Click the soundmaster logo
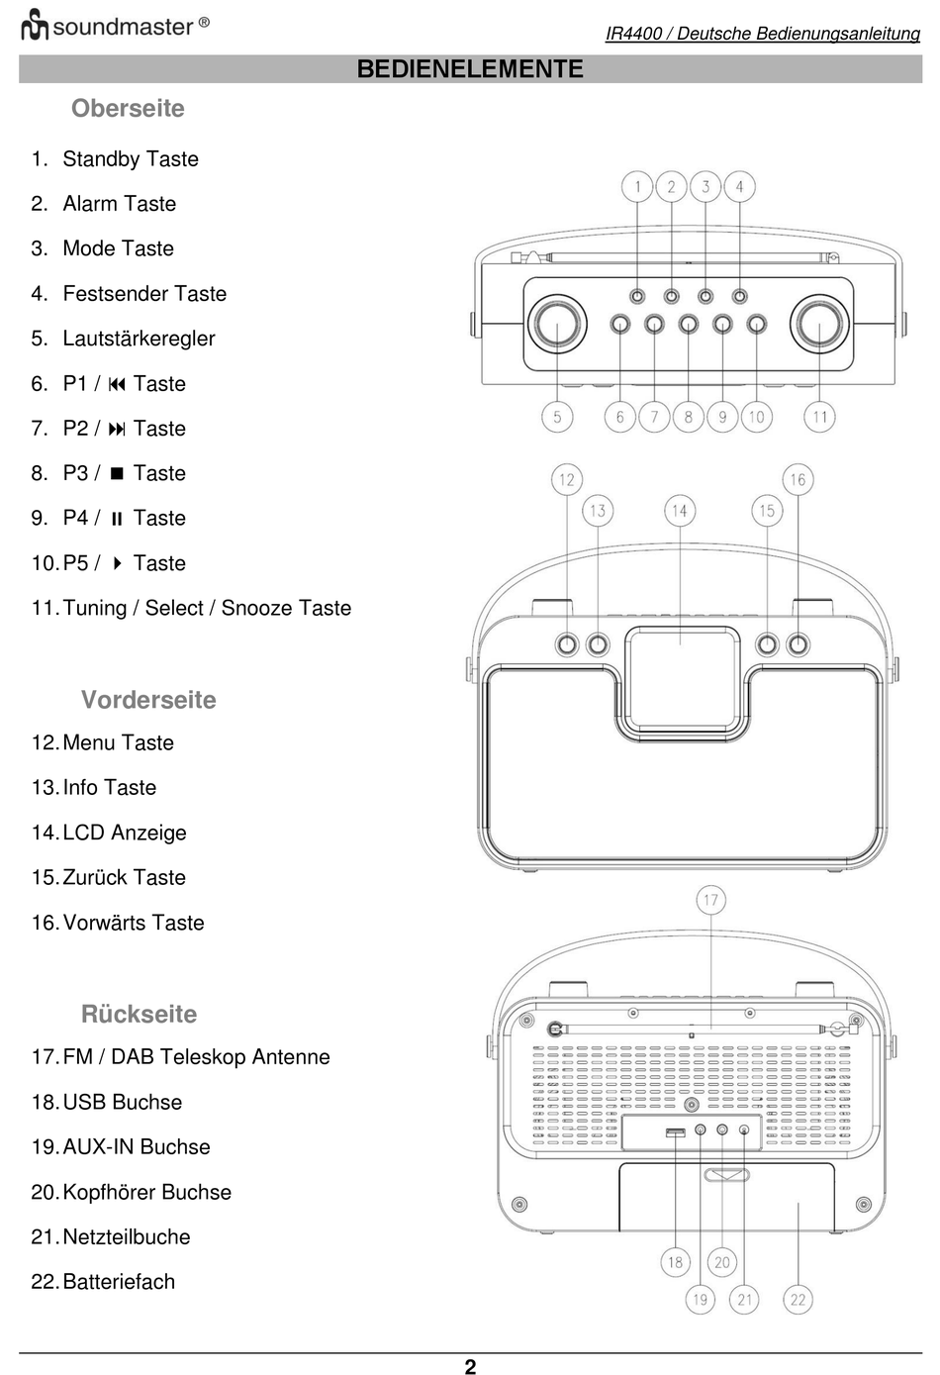point(115,26)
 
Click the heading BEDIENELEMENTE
point(470,68)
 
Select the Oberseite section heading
point(128,108)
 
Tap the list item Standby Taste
point(130,159)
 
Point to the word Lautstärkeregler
point(139,339)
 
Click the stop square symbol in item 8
point(117,473)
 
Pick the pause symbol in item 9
point(117,519)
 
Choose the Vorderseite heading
point(148,700)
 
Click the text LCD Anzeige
point(124,833)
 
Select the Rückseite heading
point(139,1014)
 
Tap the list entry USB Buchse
point(122,1102)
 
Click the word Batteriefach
point(118,1282)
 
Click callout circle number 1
point(637,186)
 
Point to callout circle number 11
point(819,417)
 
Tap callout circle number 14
point(679,511)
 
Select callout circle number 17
point(710,900)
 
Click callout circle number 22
point(798,1299)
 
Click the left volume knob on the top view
point(557,324)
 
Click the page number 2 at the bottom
point(470,1366)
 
